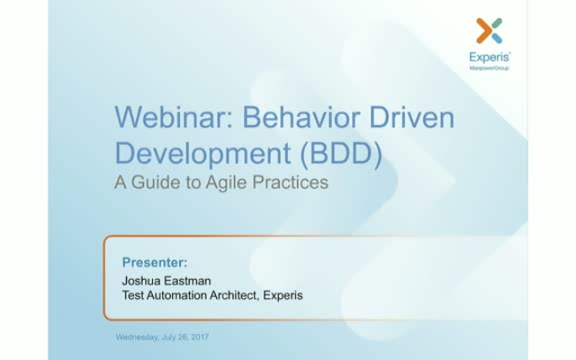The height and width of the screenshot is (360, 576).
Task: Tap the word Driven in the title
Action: pos(412,117)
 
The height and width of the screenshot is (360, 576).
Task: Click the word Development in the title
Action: pos(203,154)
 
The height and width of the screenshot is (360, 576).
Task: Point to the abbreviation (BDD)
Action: pos(341,154)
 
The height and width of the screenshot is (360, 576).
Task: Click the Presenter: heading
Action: pos(155,262)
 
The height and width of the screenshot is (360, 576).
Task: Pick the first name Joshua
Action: pos(141,281)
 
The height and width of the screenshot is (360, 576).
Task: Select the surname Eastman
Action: pos(187,281)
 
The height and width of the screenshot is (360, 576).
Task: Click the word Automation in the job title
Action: pos(176,295)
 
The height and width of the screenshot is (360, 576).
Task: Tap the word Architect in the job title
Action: pos(235,295)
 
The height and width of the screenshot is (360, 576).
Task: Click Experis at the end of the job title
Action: pos(283,295)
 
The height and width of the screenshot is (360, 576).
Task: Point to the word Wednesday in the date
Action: pos(138,337)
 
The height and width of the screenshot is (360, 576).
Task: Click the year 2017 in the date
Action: pos(200,337)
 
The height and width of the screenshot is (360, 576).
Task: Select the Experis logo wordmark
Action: pos(490,58)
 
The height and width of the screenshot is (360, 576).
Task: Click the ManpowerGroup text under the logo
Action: pos(489,68)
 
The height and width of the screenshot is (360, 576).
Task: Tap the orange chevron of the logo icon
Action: pos(484,31)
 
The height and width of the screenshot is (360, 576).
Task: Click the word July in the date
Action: pos(168,337)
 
